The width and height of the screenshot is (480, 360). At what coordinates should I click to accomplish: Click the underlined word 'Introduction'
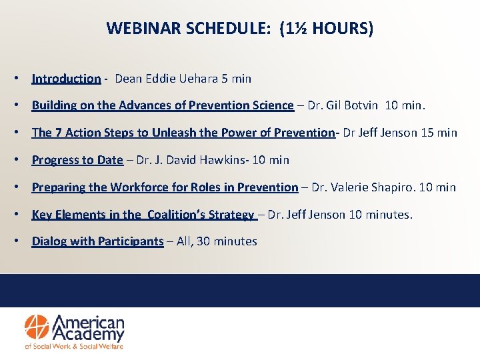(x=66, y=79)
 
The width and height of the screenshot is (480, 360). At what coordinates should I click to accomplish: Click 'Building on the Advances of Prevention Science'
(x=163, y=105)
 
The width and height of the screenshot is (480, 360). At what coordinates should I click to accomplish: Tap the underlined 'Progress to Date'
(x=77, y=160)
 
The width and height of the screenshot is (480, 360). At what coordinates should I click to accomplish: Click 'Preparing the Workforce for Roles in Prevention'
(x=165, y=187)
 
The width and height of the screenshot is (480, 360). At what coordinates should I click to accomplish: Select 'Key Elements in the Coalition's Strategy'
(x=143, y=215)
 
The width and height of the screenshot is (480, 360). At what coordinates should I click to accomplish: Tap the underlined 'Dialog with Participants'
(x=97, y=241)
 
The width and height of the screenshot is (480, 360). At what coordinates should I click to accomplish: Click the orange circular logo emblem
(x=37, y=327)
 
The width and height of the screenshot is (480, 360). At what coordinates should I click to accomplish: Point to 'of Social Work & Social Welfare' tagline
(x=74, y=346)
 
